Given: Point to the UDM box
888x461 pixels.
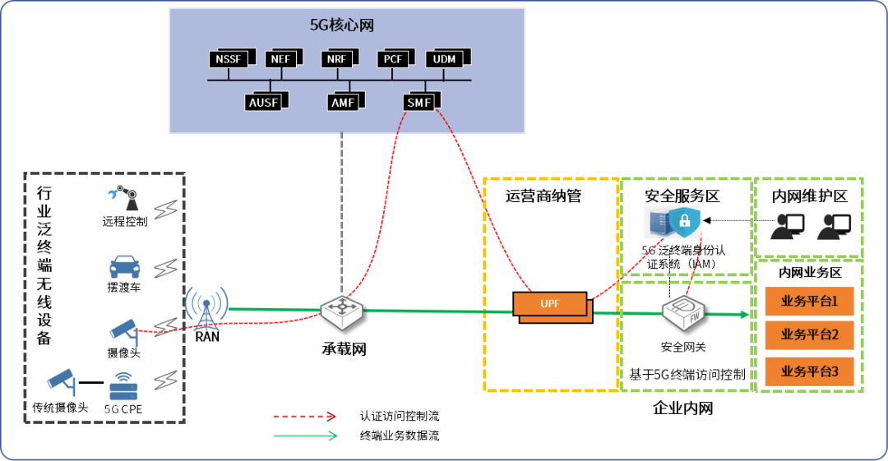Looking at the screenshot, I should tap(444, 60).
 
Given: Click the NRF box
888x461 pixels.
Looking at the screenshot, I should tap(337, 60).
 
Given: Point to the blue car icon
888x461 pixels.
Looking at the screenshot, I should tap(125, 268).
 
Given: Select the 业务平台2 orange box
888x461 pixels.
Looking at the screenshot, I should tap(810, 334).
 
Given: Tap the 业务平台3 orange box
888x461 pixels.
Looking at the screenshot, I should tap(810, 371).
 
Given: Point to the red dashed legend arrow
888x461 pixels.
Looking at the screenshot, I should tap(305, 416).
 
